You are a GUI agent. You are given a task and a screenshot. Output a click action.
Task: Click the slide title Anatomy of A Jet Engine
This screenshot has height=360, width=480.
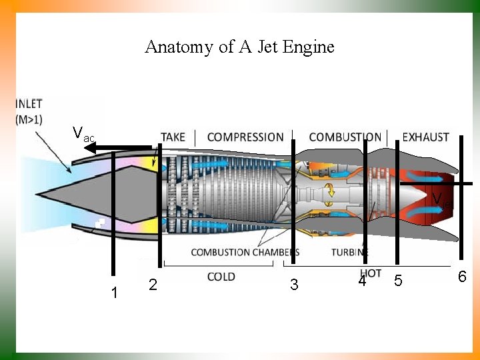pyautogui.click(x=239, y=47)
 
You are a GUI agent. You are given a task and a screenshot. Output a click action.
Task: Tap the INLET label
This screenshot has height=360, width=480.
pyautogui.click(x=29, y=104)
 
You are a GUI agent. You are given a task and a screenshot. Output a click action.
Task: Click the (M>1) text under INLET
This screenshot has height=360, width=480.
pyautogui.click(x=29, y=119)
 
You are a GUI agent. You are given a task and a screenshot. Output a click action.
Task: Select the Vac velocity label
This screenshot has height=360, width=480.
pyautogui.click(x=83, y=134)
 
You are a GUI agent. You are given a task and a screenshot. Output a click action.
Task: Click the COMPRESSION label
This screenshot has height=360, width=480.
pyautogui.click(x=245, y=137)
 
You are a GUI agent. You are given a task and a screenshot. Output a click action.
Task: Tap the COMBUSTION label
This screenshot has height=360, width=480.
pyautogui.click(x=345, y=137)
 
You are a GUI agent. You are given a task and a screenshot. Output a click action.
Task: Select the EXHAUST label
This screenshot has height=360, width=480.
pyautogui.click(x=426, y=137)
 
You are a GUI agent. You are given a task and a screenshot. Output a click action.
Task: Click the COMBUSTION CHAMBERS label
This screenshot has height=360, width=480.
pyautogui.click(x=244, y=253)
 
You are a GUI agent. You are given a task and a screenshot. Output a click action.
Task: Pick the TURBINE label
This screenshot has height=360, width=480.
pyautogui.click(x=349, y=253)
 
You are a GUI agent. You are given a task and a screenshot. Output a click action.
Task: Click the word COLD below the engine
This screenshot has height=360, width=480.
pyautogui.click(x=221, y=277)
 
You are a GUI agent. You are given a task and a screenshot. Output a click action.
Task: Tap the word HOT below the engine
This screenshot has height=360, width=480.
pyautogui.click(x=371, y=273)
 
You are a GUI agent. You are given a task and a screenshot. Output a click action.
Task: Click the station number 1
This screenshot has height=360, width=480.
pyautogui.click(x=115, y=293)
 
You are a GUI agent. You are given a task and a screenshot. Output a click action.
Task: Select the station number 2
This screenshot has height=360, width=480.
pyautogui.click(x=153, y=285)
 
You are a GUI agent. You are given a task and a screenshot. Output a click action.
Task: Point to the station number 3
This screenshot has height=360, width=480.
pyautogui.click(x=294, y=285)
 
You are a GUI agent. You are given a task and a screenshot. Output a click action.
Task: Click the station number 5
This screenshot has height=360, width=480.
pyautogui.click(x=398, y=281)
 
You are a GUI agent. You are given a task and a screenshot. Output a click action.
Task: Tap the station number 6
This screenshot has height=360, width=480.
pyautogui.click(x=461, y=277)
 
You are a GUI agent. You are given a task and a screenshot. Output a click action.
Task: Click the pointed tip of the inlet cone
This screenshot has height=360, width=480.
pyautogui.click(x=38, y=194)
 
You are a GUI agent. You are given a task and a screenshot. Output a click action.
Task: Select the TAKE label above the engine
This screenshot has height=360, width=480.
pyautogui.click(x=173, y=137)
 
